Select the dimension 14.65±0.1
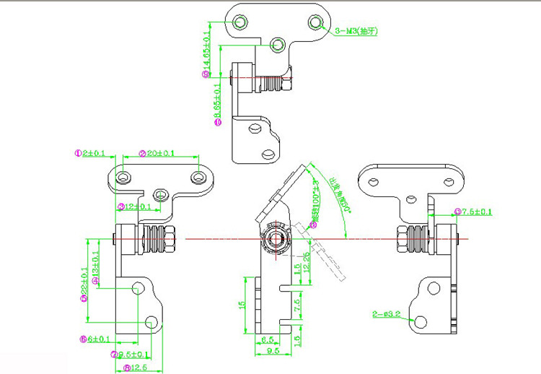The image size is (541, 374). click(x=207, y=51)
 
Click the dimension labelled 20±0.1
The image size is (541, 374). click(x=158, y=153)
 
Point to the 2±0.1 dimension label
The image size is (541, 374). click(x=93, y=153)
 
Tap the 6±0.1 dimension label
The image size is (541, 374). click(x=98, y=339)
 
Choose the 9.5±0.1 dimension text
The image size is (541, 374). click(x=133, y=354)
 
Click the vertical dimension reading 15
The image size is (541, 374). click(x=242, y=305)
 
